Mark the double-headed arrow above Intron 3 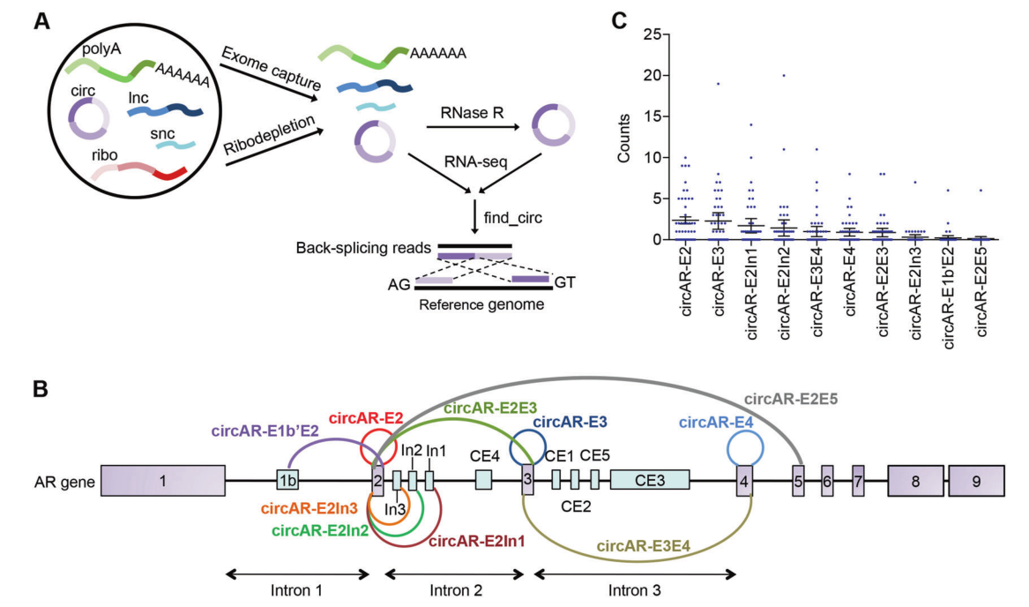(636, 573)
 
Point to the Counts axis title (622, 137)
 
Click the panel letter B (41, 388)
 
